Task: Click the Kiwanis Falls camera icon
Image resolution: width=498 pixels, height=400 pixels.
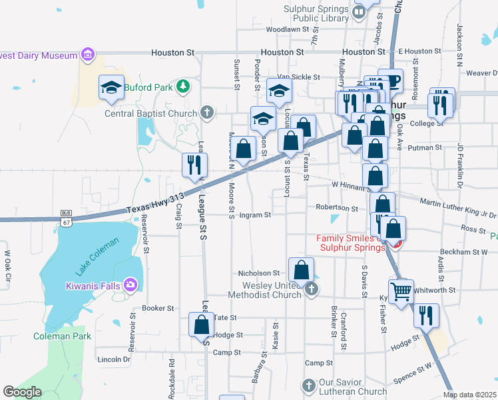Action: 130,285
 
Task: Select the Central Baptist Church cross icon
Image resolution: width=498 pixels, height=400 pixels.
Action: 207,113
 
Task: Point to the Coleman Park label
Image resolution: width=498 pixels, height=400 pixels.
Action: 62,336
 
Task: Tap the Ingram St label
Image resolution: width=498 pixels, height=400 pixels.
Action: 255,215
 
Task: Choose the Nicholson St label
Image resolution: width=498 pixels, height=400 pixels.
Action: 259,273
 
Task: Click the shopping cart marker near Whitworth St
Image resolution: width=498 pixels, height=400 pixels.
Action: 401,291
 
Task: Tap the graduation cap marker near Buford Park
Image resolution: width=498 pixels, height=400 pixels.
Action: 112,87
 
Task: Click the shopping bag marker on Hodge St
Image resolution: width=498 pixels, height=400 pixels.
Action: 201,325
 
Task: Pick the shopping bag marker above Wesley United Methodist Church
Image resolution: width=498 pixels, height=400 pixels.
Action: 302,270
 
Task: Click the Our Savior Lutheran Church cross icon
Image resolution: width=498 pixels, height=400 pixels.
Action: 308,385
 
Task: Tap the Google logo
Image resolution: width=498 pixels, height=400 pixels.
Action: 23,392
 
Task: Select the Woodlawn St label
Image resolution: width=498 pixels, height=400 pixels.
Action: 288,30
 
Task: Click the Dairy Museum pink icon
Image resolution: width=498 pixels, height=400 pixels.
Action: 87,53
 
